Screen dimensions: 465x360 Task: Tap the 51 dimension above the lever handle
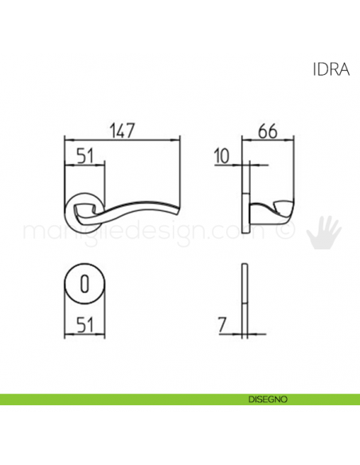[84, 156]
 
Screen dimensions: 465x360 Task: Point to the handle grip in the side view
[275, 213]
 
